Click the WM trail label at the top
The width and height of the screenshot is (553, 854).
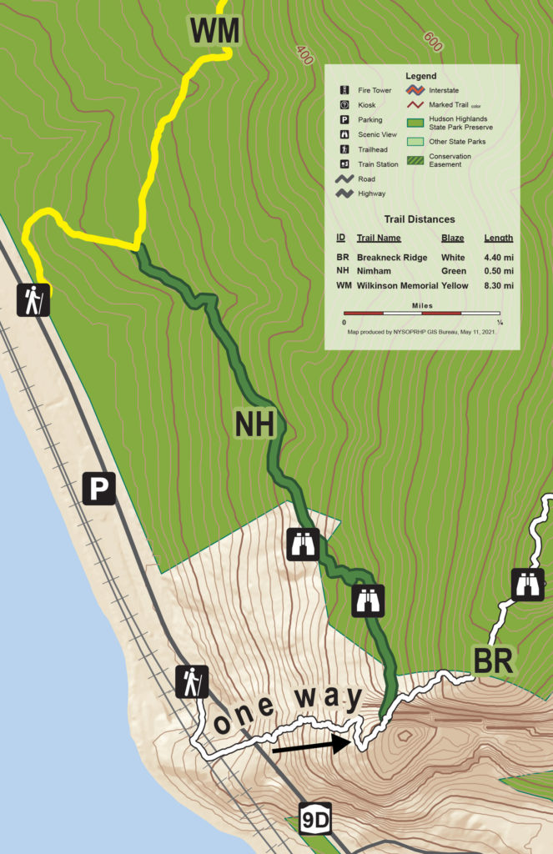[214, 32]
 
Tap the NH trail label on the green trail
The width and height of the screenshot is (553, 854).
[254, 424]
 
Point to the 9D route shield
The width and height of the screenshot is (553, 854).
[315, 821]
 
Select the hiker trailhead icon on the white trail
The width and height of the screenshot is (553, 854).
[192, 682]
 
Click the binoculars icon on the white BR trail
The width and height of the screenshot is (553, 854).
[528, 584]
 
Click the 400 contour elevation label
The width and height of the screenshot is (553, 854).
[304, 56]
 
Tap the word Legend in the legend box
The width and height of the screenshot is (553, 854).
[421, 76]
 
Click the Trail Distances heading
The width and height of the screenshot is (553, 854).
[420, 219]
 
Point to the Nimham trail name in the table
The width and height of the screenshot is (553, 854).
[375, 272]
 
